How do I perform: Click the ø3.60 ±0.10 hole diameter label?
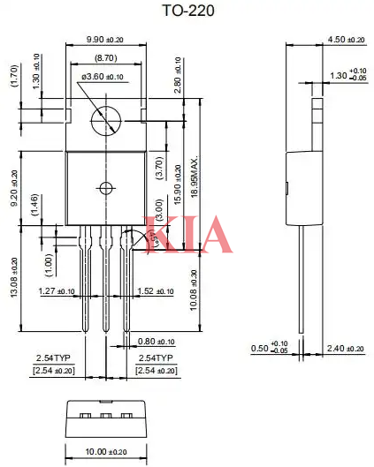107,79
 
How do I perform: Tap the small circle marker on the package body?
106,187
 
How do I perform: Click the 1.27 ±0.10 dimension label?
58,290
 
